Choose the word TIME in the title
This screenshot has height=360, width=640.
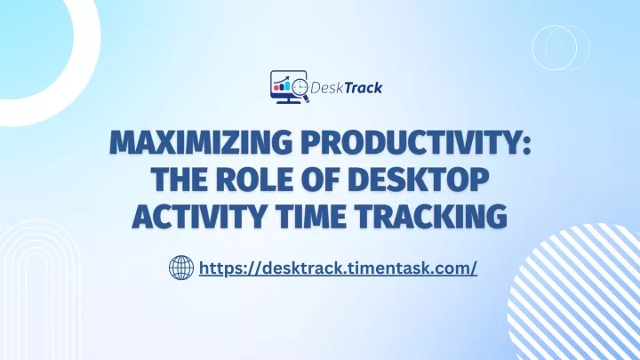point(310,216)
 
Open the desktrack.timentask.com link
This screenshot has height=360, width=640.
point(338,268)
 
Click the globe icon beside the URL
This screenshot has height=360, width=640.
point(181,268)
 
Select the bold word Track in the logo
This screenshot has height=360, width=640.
point(364,87)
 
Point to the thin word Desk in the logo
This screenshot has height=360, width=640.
point(327,87)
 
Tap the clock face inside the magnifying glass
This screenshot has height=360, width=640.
point(300,86)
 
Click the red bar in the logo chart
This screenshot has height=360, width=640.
point(276,87)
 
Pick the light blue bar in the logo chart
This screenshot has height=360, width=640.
point(287,85)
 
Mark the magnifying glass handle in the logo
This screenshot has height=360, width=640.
point(306,100)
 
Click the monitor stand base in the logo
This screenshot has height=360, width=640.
point(289,101)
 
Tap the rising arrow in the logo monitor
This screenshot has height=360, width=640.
point(282,79)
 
